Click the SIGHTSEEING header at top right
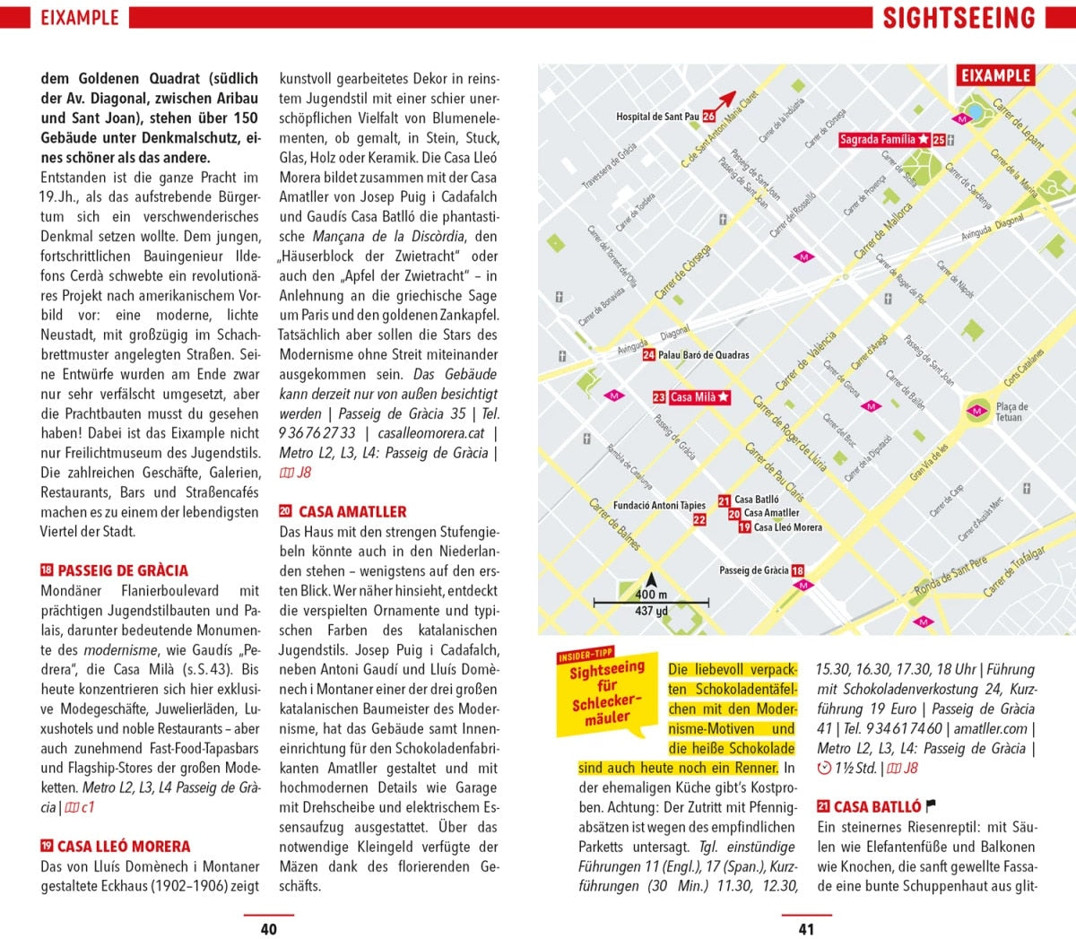tap(959, 18)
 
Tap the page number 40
tap(268, 929)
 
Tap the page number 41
tap(806, 929)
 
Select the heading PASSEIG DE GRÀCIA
tap(123, 570)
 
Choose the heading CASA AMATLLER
tap(352, 512)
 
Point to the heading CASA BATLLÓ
tap(877, 807)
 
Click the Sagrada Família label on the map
tap(878, 140)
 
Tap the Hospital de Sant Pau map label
tap(657, 117)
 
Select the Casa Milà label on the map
tap(694, 397)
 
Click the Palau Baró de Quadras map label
tap(703, 355)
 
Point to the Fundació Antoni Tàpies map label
tap(659, 506)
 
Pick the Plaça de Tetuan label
tap(1011, 412)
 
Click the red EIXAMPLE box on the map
tap(996, 76)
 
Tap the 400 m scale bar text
tap(651, 595)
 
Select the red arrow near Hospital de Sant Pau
tap(725, 99)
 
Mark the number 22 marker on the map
tap(699, 519)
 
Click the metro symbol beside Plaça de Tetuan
tap(976, 412)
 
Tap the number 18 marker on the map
tap(798, 570)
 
